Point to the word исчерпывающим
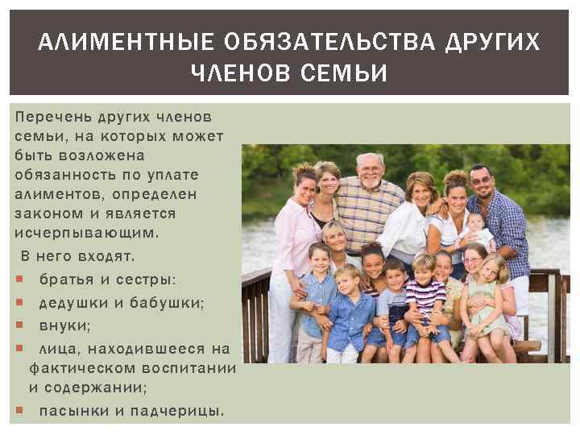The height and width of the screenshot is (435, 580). pos(85,232)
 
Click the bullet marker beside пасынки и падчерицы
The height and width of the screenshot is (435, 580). pos(19,412)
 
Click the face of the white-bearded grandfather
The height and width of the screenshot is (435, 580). pos(369,171)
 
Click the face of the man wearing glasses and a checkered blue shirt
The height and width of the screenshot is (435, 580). pos(481,182)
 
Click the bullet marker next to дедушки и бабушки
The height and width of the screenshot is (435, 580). pos(19,304)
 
